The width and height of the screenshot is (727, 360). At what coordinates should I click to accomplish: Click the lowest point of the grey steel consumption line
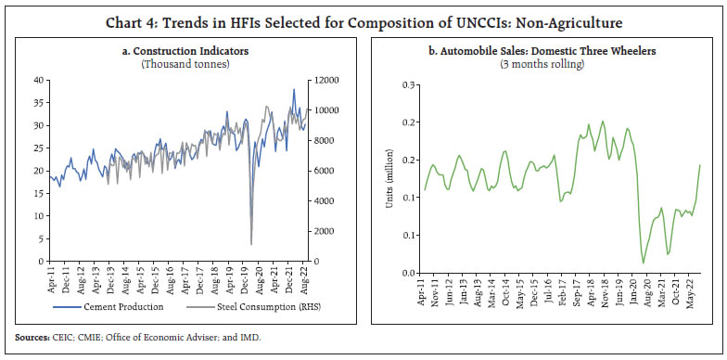(x=251, y=244)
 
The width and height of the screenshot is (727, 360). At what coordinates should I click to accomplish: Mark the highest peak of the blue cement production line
(x=294, y=89)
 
